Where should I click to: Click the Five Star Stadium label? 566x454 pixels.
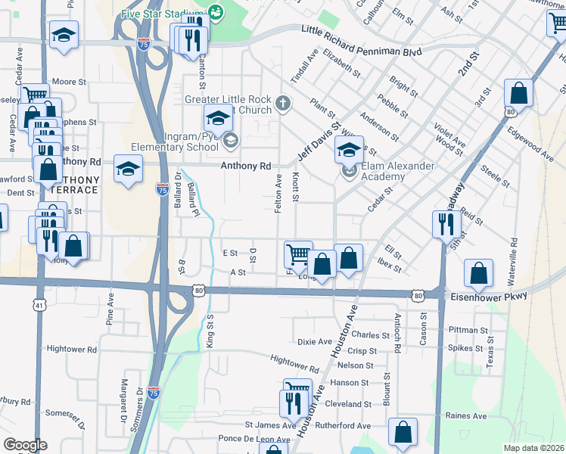pyautogui.click(x=163, y=13)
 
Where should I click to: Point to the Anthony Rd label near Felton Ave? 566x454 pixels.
pyautogui.click(x=245, y=166)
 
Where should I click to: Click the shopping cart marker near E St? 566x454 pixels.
pyautogui.click(x=297, y=255)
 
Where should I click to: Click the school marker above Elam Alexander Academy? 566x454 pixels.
pyautogui.click(x=349, y=150)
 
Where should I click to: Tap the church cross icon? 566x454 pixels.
pyautogui.click(x=283, y=103)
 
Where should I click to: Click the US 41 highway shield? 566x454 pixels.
pyautogui.click(x=38, y=305)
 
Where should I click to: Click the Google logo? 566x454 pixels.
pyautogui.click(x=25, y=445)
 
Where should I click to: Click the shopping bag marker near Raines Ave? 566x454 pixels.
pyautogui.click(x=403, y=434)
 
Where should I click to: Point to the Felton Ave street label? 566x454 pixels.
pyautogui.click(x=278, y=193)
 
